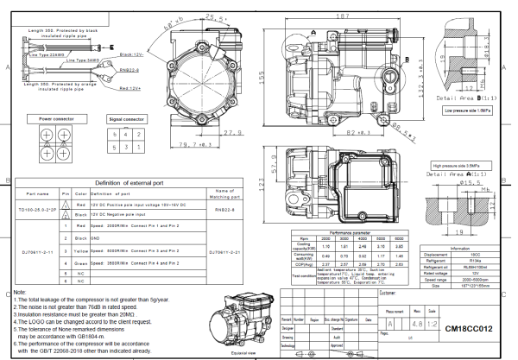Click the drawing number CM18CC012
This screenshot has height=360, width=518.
pyautogui.click(x=470, y=329)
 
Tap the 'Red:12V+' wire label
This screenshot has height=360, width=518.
pyautogui.click(x=129, y=88)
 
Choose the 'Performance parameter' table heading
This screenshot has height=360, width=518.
pyautogui.click(x=358, y=232)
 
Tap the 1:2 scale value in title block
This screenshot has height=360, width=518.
pyautogui.click(x=430, y=328)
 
